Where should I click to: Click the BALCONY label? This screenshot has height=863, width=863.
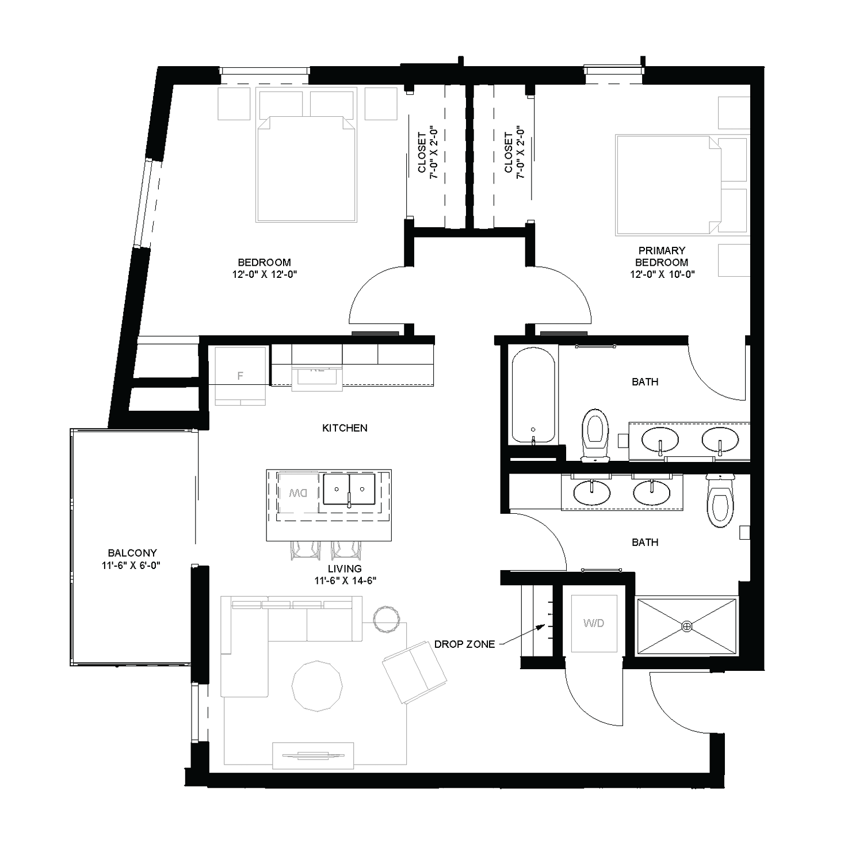click(x=132, y=553)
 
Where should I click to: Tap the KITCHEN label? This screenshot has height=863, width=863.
click(x=345, y=428)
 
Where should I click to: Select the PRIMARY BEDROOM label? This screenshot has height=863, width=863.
click(x=662, y=256)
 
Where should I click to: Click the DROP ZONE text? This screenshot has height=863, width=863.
click(x=464, y=644)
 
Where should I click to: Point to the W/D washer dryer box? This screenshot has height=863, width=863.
click(x=594, y=623)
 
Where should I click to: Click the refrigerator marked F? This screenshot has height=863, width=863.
click(x=240, y=376)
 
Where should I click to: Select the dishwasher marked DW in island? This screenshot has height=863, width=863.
click(x=298, y=492)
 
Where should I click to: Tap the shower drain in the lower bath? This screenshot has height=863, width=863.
click(x=686, y=626)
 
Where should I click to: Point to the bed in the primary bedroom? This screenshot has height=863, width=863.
click(x=667, y=185)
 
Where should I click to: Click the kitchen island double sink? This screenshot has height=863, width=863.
click(x=349, y=490)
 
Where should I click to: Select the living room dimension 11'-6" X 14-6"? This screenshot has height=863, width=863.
click(x=345, y=581)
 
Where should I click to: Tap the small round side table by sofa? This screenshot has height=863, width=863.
click(x=386, y=619)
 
